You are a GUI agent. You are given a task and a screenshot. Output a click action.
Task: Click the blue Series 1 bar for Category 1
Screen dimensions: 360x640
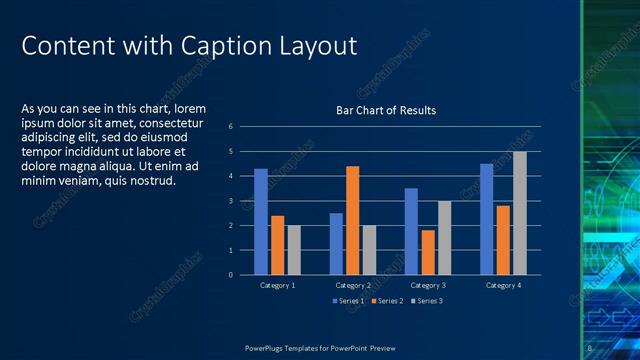(261, 221)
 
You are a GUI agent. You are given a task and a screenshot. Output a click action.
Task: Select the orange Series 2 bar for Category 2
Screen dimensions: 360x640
(352, 220)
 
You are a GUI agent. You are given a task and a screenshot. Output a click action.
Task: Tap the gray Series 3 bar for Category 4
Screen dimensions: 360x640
(519, 213)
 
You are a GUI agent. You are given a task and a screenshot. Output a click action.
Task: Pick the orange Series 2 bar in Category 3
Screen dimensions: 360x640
(427, 252)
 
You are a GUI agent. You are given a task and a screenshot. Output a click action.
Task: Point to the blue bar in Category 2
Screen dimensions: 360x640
(336, 243)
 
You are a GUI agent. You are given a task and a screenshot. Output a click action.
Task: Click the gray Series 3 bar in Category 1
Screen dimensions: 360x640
(294, 250)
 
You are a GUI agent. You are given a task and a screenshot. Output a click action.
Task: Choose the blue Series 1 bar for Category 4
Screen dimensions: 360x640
(486, 219)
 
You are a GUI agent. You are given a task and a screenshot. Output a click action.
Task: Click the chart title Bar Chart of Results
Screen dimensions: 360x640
(385, 110)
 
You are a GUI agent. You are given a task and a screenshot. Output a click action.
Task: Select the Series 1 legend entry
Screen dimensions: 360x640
(348, 300)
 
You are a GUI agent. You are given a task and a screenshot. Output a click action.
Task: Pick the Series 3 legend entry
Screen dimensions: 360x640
(426, 300)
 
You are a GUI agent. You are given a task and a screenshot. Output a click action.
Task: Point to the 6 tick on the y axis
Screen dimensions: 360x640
(231, 126)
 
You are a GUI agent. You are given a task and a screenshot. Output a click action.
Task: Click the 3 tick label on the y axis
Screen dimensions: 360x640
(231, 201)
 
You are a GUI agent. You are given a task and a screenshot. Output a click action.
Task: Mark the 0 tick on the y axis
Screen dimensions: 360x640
(231, 275)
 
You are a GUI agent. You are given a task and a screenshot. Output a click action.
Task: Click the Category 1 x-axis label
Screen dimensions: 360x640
(277, 286)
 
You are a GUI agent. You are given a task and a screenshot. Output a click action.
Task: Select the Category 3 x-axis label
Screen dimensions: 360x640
(427, 286)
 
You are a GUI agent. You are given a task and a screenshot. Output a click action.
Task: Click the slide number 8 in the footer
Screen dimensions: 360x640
(590, 348)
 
